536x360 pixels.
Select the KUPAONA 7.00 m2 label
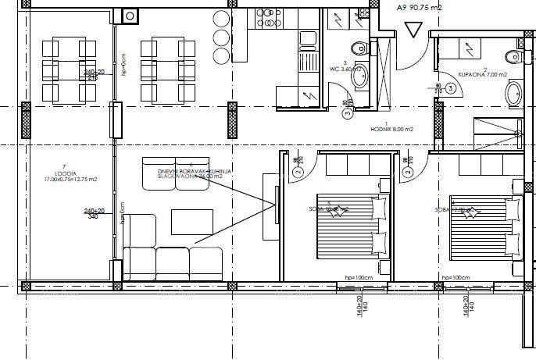482,74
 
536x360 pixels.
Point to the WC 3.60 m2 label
348,69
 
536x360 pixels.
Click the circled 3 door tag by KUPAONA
452,89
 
